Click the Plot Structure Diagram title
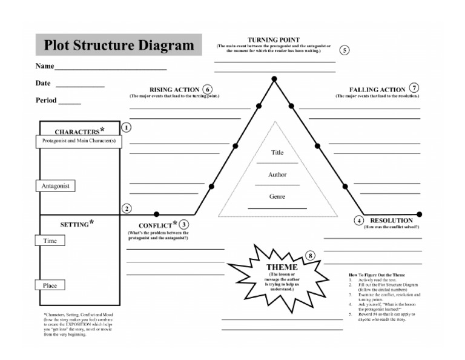coord(119,45)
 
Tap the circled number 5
coord(345,50)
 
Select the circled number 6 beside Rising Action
coord(208,89)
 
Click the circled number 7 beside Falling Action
coord(414,88)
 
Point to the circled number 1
coord(127,127)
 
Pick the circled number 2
coord(127,208)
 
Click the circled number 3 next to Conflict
coord(184,224)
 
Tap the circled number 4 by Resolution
coord(359,221)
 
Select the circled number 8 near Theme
coord(311,256)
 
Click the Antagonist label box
coord(56,185)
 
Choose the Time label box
coord(50,241)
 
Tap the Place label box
coord(50,285)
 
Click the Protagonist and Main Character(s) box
coord(79,141)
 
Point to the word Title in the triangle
coord(277,153)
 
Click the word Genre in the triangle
coord(277,196)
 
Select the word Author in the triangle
coord(277,175)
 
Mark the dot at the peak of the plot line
coord(274,79)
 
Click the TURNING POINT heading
coord(274,39)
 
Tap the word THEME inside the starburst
coord(282,267)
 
